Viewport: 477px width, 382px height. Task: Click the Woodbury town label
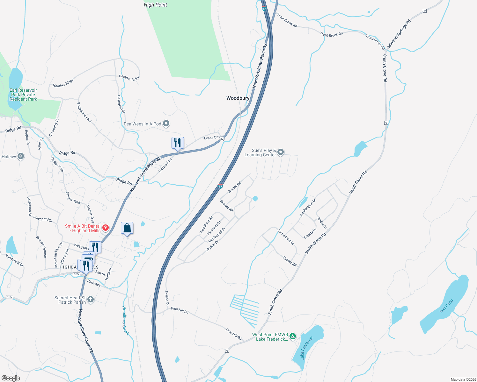(238, 98)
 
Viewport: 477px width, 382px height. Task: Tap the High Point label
(155, 5)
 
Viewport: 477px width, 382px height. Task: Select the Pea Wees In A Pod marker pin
(166, 124)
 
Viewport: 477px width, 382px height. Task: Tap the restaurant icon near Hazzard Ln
(178, 143)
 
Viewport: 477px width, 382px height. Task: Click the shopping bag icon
(127, 228)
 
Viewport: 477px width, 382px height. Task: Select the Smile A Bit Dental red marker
(106, 228)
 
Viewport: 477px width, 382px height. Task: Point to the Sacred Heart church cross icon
(91, 300)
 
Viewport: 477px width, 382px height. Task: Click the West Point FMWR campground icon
(293, 336)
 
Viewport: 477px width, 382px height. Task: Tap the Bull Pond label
(446, 306)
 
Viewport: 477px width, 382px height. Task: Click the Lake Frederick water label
(307, 348)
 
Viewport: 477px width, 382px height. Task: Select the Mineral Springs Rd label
(399, 34)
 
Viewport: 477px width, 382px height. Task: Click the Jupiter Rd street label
(234, 187)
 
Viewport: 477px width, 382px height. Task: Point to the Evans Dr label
(211, 138)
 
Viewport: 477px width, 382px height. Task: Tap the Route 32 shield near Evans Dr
(222, 139)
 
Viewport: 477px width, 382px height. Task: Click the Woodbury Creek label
(126, 320)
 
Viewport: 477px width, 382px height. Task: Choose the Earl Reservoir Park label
(23, 95)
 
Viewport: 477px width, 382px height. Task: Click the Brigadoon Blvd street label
(84, 112)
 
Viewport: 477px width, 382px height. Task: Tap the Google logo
(11, 378)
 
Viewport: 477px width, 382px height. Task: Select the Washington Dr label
(308, 208)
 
